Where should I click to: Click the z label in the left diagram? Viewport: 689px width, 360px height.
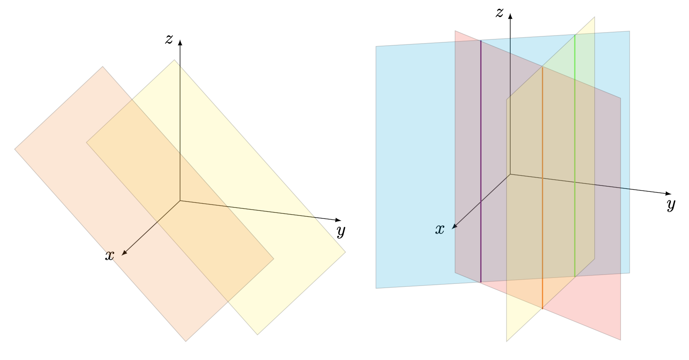tap(169, 39)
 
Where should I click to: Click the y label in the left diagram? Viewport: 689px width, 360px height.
tap(341, 231)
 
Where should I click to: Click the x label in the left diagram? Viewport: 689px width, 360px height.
tap(109, 256)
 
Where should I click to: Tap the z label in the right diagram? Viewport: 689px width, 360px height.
tap(500, 13)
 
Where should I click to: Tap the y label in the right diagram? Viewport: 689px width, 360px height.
tap(671, 205)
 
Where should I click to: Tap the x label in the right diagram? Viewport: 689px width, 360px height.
tap(440, 229)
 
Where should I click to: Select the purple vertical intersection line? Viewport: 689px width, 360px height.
tap(481, 161)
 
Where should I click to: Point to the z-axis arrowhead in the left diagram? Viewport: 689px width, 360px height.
tap(180, 42)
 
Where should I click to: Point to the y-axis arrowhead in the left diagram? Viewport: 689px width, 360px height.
tap(339, 220)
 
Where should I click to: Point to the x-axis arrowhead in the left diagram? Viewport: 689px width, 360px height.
tap(124, 254)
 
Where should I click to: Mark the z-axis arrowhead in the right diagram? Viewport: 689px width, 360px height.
tap(510, 16)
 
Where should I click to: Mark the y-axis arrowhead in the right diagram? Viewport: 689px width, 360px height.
tap(669, 194)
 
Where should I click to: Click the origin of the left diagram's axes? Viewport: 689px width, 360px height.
tap(180, 201)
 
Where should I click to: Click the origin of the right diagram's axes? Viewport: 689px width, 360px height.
tap(510, 174)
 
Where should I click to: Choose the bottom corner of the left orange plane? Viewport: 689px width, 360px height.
tap(186, 341)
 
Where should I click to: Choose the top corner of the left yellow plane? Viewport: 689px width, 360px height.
tap(174, 60)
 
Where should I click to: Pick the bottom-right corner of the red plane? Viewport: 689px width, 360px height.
tap(621, 340)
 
